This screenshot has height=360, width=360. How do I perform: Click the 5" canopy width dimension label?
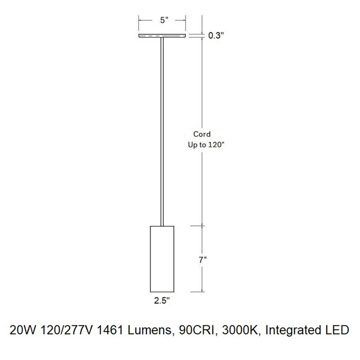(164, 20)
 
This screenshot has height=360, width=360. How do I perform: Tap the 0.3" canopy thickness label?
(216, 36)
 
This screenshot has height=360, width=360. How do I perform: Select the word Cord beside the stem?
(202, 134)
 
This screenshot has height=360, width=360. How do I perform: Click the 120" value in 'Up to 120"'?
(216, 144)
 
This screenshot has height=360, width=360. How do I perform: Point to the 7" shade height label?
(202, 260)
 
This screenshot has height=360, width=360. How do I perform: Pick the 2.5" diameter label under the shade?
(162, 300)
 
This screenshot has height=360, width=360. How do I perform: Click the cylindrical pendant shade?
(162, 259)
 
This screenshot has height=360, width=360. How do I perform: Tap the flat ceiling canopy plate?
(162, 36)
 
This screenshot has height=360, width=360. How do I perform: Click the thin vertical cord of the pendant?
(162, 131)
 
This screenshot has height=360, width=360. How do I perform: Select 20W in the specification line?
(23, 330)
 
